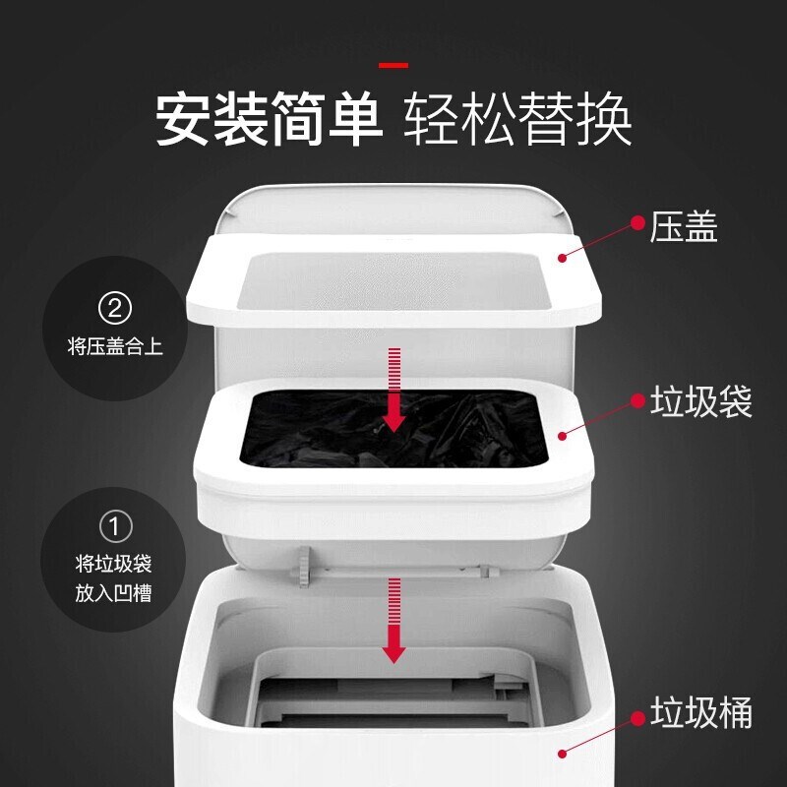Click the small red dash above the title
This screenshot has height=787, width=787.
[393, 65]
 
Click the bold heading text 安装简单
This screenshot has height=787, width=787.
[268, 120]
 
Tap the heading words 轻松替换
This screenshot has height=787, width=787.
[518, 120]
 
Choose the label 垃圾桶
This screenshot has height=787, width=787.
[700, 711]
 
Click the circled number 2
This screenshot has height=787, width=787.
[115, 309]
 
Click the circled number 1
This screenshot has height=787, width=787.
[115, 528]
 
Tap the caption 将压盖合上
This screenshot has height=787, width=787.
[115, 346]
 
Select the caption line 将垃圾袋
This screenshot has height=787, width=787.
[115, 565]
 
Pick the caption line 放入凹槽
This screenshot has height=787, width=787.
[115, 593]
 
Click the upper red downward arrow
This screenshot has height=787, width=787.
[394, 390]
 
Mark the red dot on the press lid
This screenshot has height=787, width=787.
[563, 258]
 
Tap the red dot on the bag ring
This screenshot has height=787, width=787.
[563, 434]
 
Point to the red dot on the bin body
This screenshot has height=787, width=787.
[563, 754]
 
